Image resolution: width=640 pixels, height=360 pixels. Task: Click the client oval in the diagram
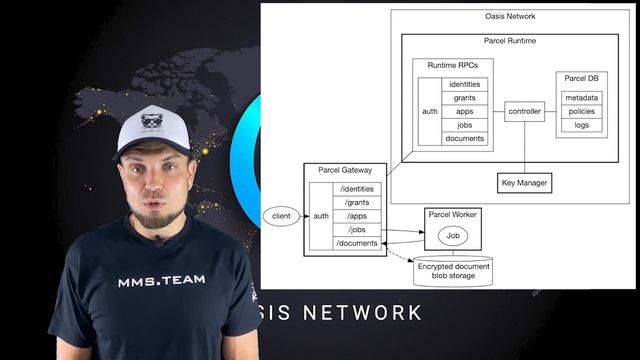[x=281, y=215]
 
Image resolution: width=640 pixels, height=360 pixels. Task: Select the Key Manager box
[x=524, y=183]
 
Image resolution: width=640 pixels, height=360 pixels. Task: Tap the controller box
[x=524, y=111]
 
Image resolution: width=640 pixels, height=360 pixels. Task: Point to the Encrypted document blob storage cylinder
[x=453, y=271]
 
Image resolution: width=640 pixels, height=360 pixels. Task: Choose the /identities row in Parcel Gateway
[x=357, y=189]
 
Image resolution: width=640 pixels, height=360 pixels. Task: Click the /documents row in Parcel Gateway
[x=357, y=243]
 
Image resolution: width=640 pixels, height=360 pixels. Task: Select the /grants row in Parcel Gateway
[x=357, y=202]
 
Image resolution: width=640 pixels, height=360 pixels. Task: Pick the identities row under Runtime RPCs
[x=465, y=84]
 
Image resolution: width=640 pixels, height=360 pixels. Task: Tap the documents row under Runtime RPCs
[x=465, y=139]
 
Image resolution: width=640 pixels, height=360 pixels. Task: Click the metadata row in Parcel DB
[x=582, y=97]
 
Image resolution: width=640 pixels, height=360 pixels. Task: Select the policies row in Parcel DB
[x=582, y=111]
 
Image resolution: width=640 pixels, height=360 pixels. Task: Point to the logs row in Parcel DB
[x=582, y=125]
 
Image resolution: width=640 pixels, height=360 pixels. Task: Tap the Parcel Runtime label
[x=509, y=41]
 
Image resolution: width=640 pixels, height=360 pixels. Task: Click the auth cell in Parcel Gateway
[x=321, y=215]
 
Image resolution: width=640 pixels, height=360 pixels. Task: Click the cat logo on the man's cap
[x=152, y=121]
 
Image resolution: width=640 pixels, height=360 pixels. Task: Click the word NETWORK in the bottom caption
[x=362, y=313]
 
